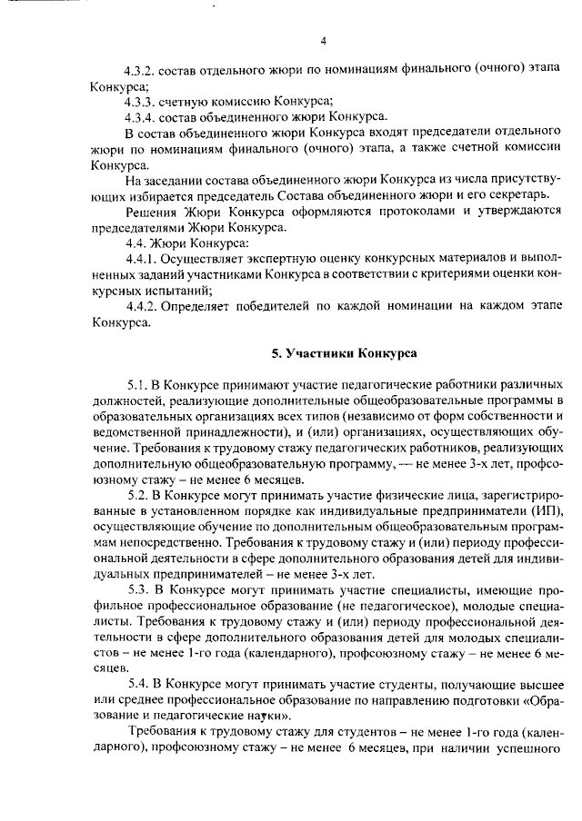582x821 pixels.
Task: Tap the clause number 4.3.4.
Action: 145,115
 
